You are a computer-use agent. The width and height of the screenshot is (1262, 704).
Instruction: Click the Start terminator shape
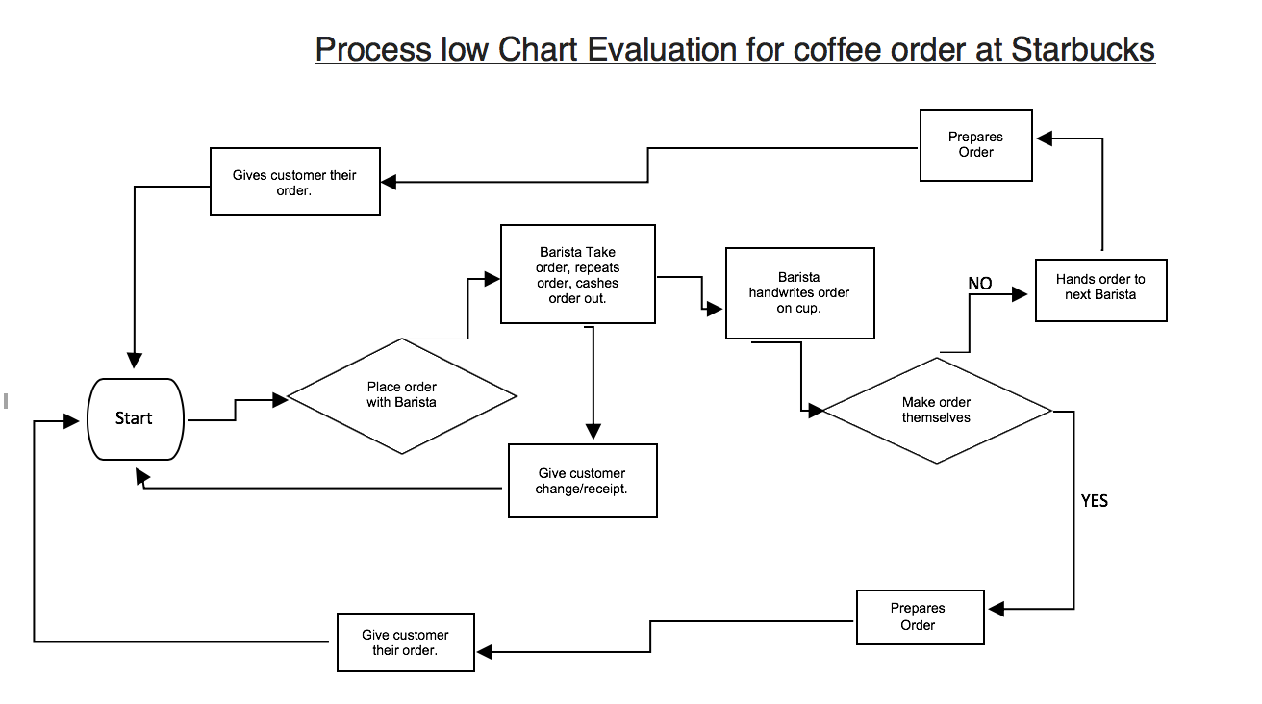[135, 418]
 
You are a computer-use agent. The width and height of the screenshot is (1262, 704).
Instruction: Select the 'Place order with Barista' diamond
[402, 395]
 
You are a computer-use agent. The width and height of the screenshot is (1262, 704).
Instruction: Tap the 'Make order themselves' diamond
[936, 411]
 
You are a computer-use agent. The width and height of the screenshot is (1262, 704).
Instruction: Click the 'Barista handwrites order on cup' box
[799, 292]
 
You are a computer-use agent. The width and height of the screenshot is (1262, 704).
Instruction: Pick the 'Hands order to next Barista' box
[1100, 289]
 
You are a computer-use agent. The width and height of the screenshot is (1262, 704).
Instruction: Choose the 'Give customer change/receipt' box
[582, 481]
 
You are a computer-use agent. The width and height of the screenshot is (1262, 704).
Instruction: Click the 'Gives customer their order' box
[294, 182]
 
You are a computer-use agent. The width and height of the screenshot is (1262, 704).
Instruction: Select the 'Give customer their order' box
[405, 642]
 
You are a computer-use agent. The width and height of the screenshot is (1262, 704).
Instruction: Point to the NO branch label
[979, 284]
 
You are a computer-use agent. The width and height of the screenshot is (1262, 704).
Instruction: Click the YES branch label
[1094, 501]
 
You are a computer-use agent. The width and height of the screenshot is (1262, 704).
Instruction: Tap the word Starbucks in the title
[1082, 49]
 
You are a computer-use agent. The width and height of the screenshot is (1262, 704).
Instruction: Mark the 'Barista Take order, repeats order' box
[577, 274]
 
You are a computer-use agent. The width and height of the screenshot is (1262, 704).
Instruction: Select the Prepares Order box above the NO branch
[975, 145]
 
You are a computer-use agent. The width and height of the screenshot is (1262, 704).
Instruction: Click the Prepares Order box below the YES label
[918, 616]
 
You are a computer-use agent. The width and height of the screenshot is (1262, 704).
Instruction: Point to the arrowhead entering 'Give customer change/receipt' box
[593, 432]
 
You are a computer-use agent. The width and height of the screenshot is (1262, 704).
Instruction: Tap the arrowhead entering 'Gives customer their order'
[390, 181]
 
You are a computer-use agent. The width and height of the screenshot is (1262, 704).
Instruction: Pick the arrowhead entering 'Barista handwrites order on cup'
[716, 310]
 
